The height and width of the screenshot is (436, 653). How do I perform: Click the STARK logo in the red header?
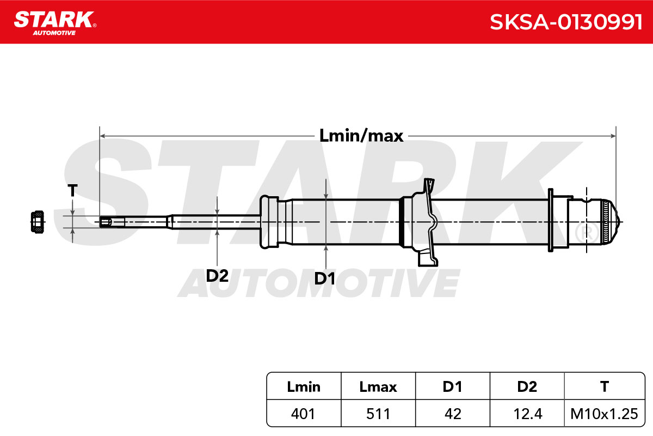[x=55, y=23]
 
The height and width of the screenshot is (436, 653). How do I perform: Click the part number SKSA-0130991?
[x=566, y=22]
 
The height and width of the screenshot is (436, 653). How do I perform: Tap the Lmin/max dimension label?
[x=361, y=136]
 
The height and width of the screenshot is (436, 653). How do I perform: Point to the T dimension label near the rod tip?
[x=72, y=190]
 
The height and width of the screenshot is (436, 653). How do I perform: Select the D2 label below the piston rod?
[x=217, y=275]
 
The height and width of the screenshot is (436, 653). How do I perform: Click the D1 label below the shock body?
[x=324, y=278]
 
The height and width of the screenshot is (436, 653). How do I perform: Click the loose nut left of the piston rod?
[x=38, y=222]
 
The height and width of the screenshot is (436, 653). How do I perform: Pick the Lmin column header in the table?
[x=304, y=387]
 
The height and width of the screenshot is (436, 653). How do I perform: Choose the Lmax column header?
[x=378, y=387]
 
